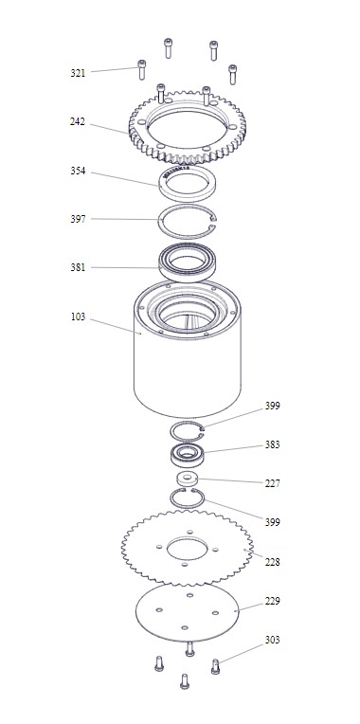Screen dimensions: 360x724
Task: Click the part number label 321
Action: tap(78, 73)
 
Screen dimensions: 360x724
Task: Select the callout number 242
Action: tap(78, 122)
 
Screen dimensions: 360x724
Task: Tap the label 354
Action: tap(78, 171)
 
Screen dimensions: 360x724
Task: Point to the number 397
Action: tap(78, 219)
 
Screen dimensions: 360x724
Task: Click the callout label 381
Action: tap(78, 267)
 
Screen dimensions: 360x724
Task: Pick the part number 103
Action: tap(79, 317)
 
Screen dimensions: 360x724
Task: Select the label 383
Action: tap(272, 445)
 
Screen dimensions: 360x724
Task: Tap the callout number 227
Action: tap(272, 484)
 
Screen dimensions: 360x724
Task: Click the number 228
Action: tap(272, 562)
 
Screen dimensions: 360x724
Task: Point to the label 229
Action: tap(272, 601)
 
